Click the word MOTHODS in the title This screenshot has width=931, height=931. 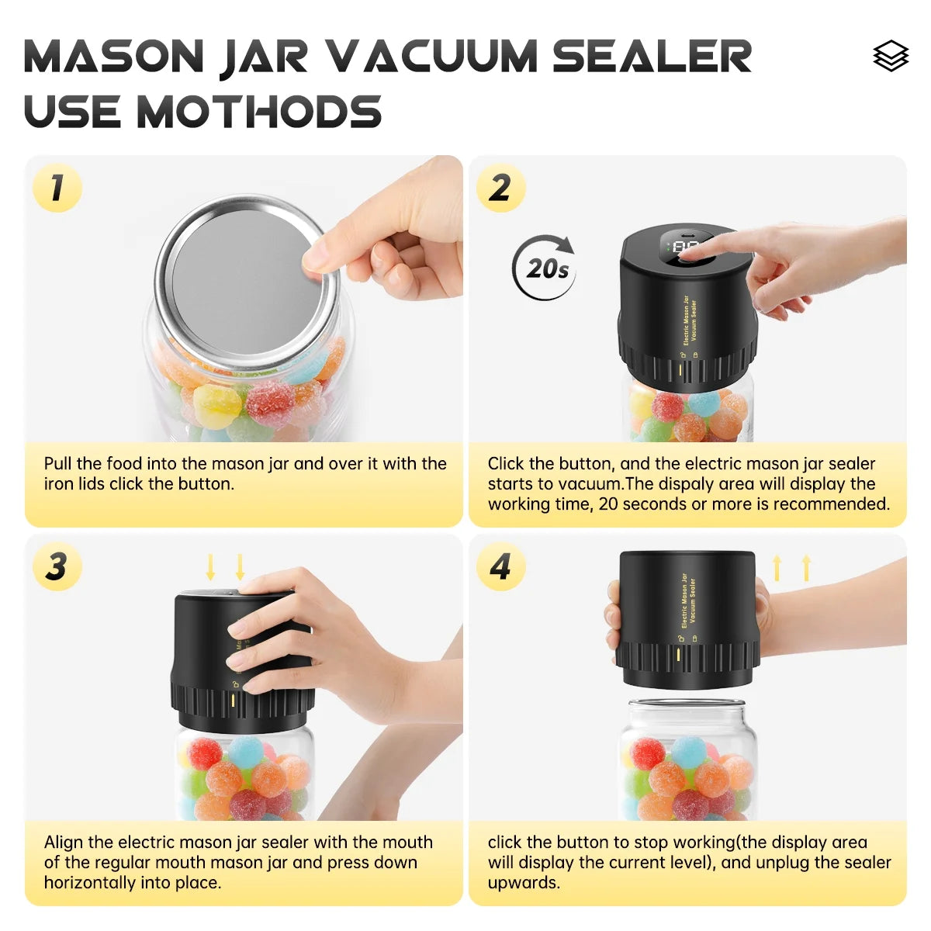point(259,112)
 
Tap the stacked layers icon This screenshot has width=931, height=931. point(890,56)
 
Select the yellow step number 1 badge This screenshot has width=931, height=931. point(57,188)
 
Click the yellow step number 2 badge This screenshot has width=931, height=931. point(500,188)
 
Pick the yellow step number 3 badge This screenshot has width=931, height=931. point(57,566)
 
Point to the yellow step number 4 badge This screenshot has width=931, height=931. point(500,566)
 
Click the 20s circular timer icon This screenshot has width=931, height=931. point(545,268)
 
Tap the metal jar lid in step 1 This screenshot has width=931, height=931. point(247,282)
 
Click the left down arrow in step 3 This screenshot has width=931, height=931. point(210,567)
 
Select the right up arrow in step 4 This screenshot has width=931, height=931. point(806,568)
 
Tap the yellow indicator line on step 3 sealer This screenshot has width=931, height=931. point(233,701)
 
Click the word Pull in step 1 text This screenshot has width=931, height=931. point(58,464)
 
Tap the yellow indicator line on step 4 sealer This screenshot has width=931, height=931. point(677,655)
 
